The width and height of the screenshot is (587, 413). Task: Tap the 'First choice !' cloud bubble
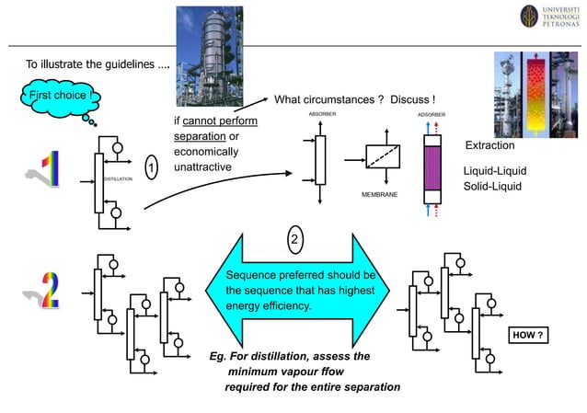(59, 96)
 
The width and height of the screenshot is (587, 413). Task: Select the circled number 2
(294, 241)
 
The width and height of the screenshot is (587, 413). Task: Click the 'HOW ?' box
(529, 336)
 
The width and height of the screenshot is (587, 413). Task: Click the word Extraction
(490, 146)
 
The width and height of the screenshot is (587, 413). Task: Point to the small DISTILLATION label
(119, 177)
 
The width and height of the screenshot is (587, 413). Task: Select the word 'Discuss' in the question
(410, 99)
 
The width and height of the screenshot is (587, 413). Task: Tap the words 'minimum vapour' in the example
(272, 372)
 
